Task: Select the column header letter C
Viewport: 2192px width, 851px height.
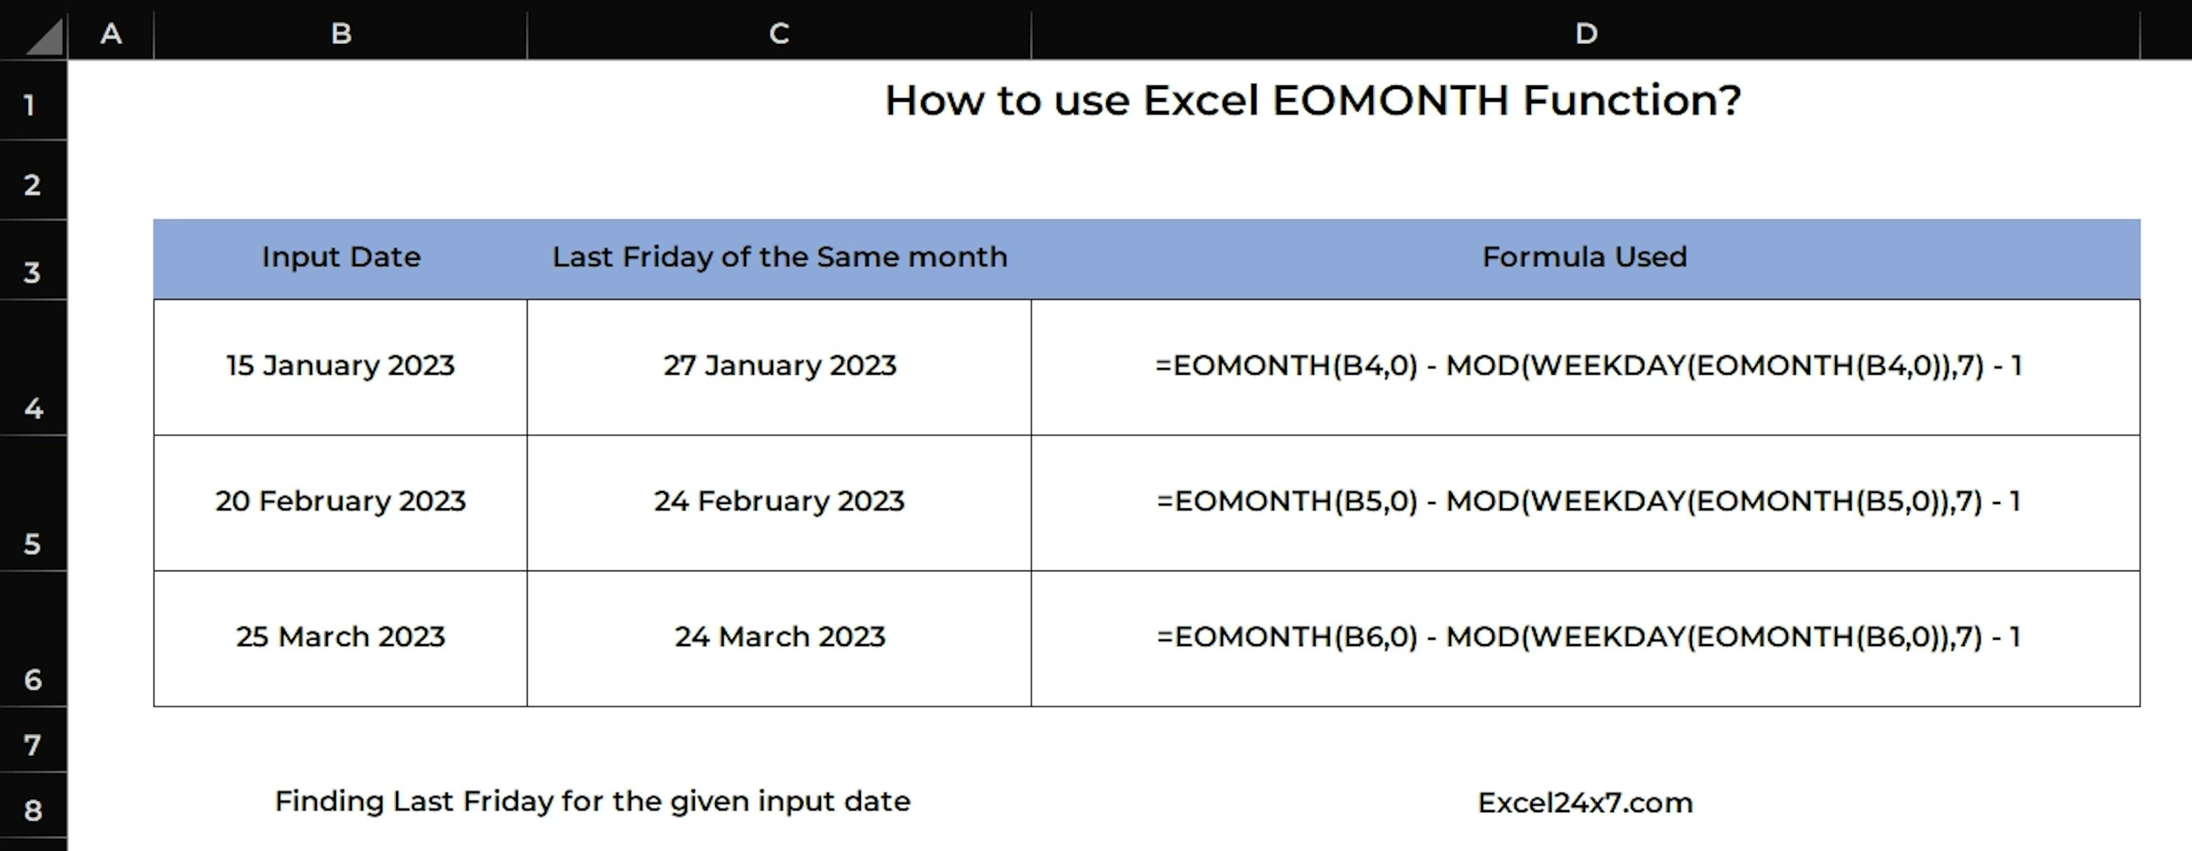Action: pyautogui.click(x=779, y=33)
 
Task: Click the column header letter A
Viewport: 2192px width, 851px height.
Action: pyautogui.click(x=111, y=33)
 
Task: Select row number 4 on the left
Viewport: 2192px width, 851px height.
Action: pyautogui.click(x=33, y=408)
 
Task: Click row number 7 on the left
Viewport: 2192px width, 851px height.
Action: pyautogui.click(x=33, y=745)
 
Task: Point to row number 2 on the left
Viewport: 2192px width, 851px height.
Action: pyautogui.click(x=33, y=184)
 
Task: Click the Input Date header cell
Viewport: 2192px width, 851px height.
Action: pyautogui.click(x=340, y=257)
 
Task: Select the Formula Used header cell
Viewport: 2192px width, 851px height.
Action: pyautogui.click(x=1585, y=257)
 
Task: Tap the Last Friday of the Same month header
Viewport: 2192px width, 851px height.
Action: pyautogui.click(x=779, y=257)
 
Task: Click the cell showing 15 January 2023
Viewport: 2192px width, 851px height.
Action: pyautogui.click(x=340, y=366)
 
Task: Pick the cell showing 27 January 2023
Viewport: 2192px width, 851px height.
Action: pyautogui.click(x=779, y=366)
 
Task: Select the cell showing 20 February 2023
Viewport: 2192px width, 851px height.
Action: pyautogui.click(x=340, y=501)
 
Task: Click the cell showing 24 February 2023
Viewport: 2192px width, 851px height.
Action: pyautogui.click(x=779, y=501)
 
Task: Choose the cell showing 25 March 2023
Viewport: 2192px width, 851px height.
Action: pyautogui.click(x=340, y=637)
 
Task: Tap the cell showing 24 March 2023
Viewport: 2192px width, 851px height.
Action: pyautogui.click(x=779, y=637)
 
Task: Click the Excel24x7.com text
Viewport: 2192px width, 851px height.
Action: pyautogui.click(x=1585, y=802)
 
